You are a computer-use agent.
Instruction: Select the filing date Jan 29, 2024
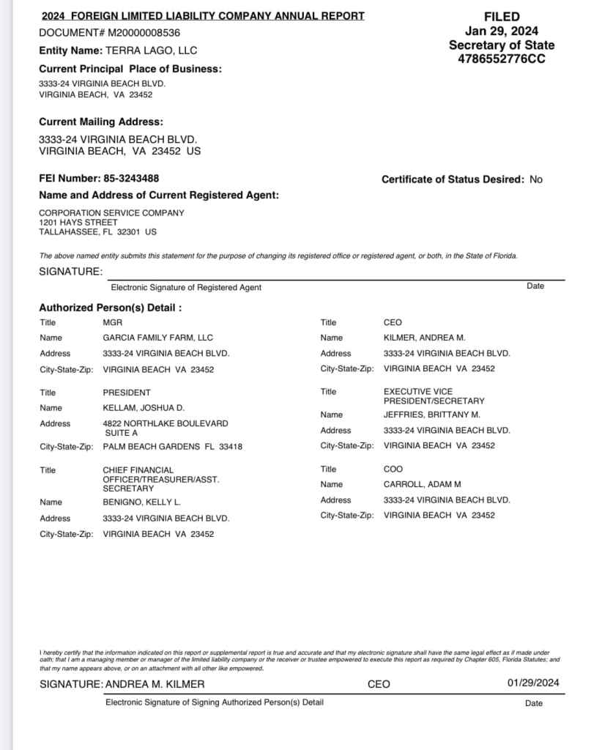click(x=502, y=31)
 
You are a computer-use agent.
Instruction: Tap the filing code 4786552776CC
click(x=502, y=59)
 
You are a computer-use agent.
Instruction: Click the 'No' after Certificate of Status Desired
click(x=536, y=179)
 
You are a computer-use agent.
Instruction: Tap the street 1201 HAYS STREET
click(x=78, y=223)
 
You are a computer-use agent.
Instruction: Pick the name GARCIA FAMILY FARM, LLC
click(x=157, y=338)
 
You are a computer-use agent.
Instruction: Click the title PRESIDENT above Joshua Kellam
click(x=127, y=393)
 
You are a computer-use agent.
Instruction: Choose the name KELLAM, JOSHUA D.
click(x=144, y=408)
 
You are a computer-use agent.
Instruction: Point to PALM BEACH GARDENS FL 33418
click(x=172, y=447)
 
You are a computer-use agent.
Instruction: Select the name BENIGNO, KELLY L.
click(x=141, y=502)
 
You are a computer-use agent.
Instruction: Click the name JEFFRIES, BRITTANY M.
click(x=432, y=415)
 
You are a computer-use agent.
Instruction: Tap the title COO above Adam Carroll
click(x=393, y=469)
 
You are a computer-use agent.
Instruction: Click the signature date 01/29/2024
click(x=533, y=683)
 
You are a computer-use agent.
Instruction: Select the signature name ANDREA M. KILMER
click(x=155, y=684)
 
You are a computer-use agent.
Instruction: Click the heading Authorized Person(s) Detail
click(x=110, y=308)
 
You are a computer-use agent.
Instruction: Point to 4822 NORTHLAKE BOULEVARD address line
click(x=166, y=423)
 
